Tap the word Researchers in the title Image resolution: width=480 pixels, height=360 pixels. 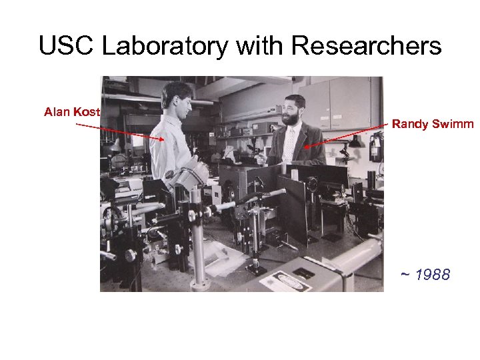click(x=367, y=47)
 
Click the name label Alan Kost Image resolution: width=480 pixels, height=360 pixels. click(x=72, y=112)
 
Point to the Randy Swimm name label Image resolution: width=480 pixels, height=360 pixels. click(x=433, y=123)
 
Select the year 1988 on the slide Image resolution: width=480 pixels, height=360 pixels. click(x=432, y=275)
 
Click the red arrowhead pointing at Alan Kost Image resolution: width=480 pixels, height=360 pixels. click(x=163, y=139)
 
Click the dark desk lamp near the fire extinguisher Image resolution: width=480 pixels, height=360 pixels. click(x=355, y=142)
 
